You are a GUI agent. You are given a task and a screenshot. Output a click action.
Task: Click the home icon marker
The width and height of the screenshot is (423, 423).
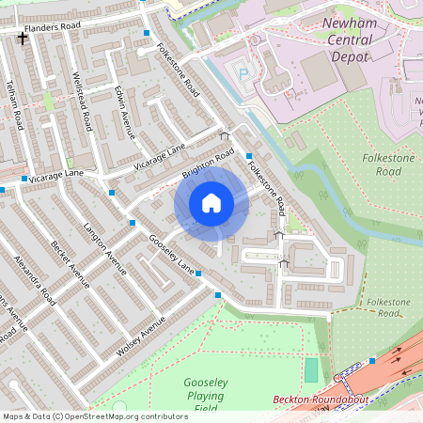click(211, 203)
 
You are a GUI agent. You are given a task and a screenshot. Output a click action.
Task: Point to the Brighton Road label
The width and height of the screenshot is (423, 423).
click(208, 164)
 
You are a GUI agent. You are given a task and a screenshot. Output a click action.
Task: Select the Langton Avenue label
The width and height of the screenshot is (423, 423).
click(103, 249)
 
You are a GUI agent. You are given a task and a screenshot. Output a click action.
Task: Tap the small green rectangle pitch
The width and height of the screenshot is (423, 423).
click(311, 369)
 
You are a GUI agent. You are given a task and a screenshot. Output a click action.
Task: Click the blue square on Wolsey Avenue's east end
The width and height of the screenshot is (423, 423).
click(218, 295)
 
